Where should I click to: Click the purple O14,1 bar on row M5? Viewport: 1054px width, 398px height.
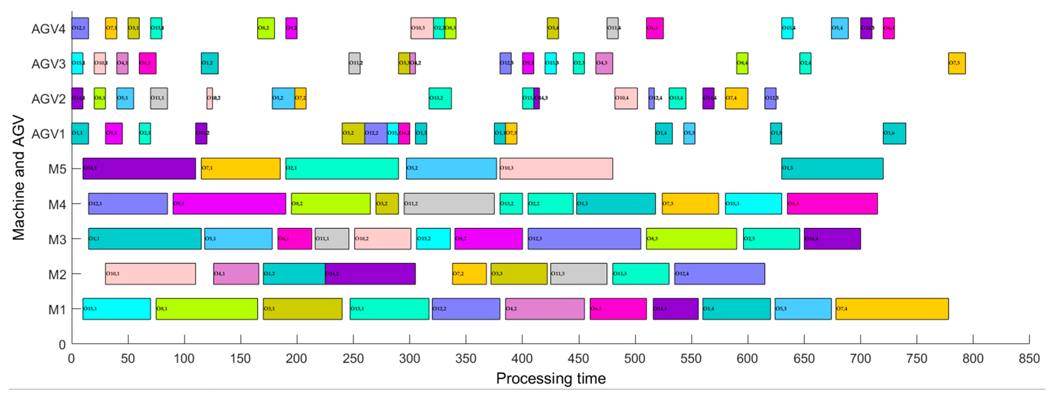(139, 168)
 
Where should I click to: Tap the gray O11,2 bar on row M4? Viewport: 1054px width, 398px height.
(449, 204)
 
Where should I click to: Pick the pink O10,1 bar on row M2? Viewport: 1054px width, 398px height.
(150, 274)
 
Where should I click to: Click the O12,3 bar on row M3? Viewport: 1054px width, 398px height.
(584, 239)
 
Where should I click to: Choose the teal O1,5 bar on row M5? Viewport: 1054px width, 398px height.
(832, 168)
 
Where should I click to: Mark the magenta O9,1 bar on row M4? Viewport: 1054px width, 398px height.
(229, 204)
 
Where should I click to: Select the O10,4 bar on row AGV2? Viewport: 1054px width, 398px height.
(626, 98)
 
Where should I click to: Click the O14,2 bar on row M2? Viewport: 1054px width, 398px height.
(370, 274)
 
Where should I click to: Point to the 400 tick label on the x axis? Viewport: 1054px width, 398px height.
(522, 359)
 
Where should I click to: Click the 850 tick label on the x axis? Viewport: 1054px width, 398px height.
(1029, 359)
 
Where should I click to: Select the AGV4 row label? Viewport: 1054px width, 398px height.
(48, 29)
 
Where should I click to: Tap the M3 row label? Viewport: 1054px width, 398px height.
(57, 240)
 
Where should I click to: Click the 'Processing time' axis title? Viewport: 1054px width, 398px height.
(551, 378)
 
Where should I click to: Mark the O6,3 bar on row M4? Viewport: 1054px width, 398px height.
(832, 204)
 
